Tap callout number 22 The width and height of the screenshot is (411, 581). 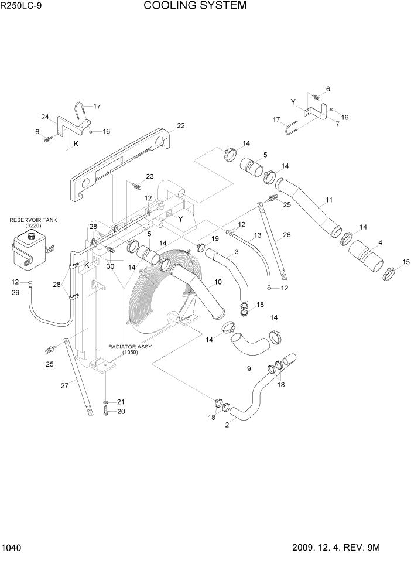pos(181,125)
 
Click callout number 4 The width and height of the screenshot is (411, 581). pos(381,242)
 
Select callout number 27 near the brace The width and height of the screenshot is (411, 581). pos(64,385)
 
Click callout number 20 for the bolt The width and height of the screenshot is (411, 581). pos(122,411)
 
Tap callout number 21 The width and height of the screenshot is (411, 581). pos(122,401)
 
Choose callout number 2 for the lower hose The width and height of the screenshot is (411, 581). pos(227,425)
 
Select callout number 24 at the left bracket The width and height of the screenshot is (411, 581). pos(44,116)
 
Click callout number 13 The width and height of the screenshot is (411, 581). pos(256,235)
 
